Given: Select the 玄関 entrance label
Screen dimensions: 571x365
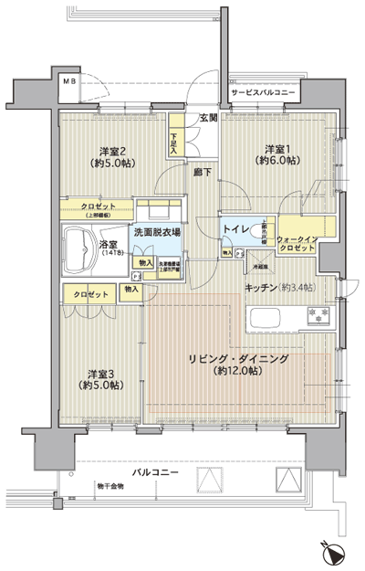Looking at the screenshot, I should point(207,118).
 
